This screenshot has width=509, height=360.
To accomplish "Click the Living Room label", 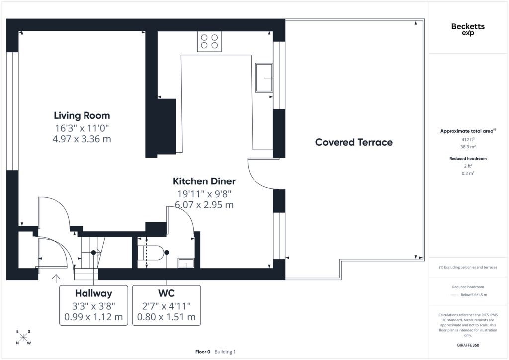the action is tap(82, 115).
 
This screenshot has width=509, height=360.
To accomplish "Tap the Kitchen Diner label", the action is tap(204, 181).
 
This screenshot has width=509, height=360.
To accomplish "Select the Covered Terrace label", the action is tap(354, 142).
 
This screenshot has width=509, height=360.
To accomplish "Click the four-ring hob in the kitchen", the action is tap(209, 42).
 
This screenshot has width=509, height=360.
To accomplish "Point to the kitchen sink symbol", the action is tap(264, 78).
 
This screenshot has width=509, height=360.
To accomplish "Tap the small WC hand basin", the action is tap(186, 263).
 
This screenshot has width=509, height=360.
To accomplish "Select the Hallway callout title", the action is tap(93, 293).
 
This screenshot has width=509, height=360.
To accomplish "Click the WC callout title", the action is tap(167, 293).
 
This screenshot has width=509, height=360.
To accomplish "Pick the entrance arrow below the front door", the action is tap(56, 278).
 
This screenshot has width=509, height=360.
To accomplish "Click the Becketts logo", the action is tap(468, 29).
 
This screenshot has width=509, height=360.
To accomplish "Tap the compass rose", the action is tap(23, 337).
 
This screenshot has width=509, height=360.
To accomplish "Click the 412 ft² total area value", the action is tap(468, 139).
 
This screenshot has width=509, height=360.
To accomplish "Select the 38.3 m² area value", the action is tap(468, 147).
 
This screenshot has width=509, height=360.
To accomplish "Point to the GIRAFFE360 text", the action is tap(468, 345).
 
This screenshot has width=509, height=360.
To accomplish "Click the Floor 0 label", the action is tap(203, 352).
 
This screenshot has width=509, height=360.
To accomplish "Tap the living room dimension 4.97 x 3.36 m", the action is tap(82, 139).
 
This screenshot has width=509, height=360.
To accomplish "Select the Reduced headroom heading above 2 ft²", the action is tap(468, 159).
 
